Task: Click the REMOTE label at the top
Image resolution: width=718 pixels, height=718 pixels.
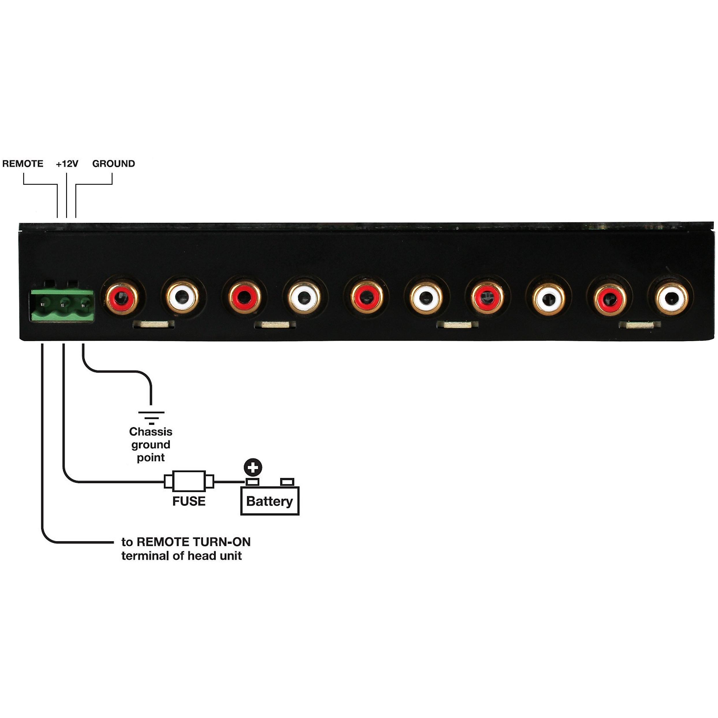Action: click(23, 163)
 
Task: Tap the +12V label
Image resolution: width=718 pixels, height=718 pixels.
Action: click(67, 163)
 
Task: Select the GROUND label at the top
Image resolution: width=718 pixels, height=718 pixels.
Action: click(113, 163)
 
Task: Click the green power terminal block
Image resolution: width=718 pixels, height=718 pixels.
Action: click(62, 305)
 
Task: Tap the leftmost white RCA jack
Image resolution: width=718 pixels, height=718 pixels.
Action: click(182, 297)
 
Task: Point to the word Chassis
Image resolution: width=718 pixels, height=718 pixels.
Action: click(150, 432)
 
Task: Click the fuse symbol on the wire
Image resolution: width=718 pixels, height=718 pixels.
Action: click(189, 482)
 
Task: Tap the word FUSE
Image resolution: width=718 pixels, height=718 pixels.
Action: click(189, 501)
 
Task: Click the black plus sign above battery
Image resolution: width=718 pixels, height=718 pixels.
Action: click(253, 468)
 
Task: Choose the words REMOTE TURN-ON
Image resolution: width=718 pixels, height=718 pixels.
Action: click(194, 542)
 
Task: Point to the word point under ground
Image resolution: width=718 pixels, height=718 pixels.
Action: click(150, 457)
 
